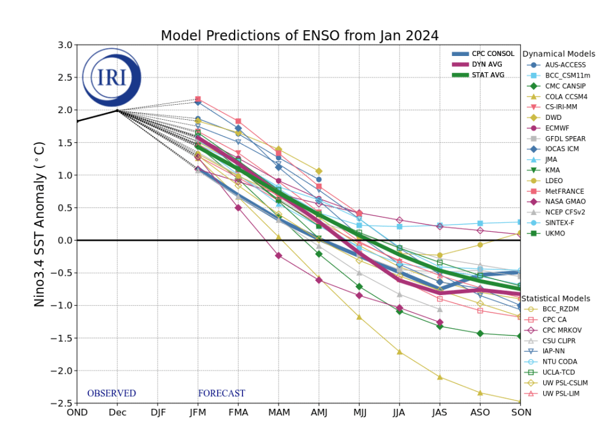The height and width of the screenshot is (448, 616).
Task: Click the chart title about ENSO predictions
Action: pyautogui.click(x=299, y=36)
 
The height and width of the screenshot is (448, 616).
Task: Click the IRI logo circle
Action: pyautogui.click(x=111, y=78)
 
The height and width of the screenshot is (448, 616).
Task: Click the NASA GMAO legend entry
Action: pyautogui.click(x=565, y=202)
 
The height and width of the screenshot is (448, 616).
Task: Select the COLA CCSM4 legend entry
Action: pyautogui.click(x=566, y=96)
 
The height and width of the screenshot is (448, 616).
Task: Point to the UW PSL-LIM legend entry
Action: pyautogui.click(x=565, y=394)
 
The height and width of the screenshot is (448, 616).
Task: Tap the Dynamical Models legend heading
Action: pyautogui.click(x=559, y=54)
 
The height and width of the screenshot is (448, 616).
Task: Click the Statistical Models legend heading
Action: pyautogui.click(x=556, y=299)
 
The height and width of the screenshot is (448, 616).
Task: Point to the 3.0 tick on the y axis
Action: pyautogui.click(x=64, y=45)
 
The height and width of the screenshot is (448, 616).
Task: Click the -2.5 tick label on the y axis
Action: pyautogui.click(x=62, y=403)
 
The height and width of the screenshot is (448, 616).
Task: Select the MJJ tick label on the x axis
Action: pyautogui.click(x=359, y=412)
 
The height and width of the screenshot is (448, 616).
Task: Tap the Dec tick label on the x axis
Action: pyautogui.click(x=117, y=412)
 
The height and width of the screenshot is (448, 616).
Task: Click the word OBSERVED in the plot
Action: pyautogui.click(x=111, y=394)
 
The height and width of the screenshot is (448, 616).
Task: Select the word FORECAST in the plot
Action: pyautogui.click(x=221, y=394)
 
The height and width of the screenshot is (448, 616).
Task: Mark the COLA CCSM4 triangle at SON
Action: pyautogui.click(x=520, y=401)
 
